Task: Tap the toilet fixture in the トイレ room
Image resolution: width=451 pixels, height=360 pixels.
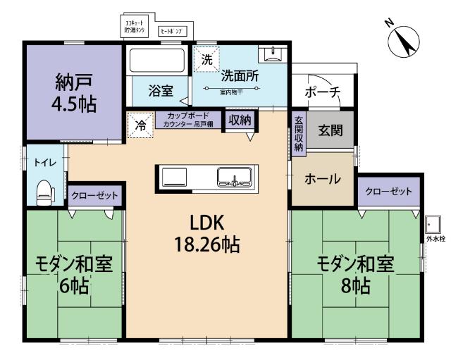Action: point(44,190)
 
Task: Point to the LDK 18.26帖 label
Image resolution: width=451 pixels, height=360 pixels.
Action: point(206,234)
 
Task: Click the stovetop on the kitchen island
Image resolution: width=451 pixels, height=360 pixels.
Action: point(173,177)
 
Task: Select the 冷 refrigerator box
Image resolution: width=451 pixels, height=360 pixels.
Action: point(140,126)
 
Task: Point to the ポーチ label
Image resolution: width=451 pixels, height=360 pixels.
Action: point(322,92)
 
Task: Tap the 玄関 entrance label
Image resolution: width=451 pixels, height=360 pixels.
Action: point(330,130)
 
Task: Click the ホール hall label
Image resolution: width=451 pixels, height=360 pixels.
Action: point(322,179)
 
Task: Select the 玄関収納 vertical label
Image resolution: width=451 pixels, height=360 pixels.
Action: point(298,133)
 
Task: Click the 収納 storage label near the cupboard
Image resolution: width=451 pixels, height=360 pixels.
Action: point(239,120)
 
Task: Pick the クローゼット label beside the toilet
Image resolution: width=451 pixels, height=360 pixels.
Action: point(94,195)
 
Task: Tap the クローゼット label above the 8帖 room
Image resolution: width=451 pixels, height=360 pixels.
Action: point(388,191)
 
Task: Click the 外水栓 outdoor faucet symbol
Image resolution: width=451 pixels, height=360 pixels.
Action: point(432,225)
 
